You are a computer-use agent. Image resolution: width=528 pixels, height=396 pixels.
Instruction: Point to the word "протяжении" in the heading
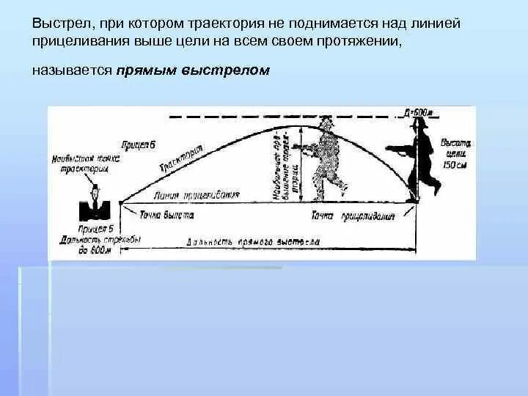[362, 43]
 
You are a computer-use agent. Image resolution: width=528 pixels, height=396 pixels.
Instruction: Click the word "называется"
[71, 70]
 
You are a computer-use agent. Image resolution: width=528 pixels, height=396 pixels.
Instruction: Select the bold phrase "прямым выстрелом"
[192, 70]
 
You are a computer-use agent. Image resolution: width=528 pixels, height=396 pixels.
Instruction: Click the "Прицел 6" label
[139, 144]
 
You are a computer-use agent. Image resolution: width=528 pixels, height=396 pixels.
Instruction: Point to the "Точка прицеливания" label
[353, 216]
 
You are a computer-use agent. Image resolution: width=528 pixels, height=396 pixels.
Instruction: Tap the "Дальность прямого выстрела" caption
[253, 241]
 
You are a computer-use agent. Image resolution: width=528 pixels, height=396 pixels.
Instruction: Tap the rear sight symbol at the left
[93, 205]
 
